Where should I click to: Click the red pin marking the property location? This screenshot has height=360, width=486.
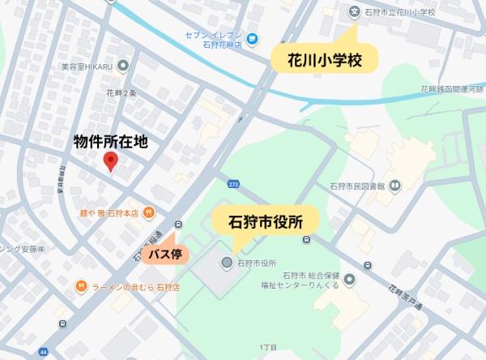point(112,162)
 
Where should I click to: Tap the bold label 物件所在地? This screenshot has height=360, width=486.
point(111,141)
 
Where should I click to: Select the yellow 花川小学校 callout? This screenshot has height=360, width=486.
point(322,59)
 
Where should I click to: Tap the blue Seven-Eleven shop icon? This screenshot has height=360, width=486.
point(253,39)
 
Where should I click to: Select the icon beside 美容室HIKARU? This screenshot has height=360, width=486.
point(123,65)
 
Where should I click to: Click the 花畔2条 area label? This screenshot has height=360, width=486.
point(121,94)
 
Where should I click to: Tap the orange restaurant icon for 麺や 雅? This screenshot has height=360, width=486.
point(150,212)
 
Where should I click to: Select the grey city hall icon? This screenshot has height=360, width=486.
point(227,263)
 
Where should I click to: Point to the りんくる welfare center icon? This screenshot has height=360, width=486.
point(349,280)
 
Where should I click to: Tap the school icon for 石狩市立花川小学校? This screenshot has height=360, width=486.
point(353,12)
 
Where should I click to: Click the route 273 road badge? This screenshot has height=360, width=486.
point(233,185)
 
